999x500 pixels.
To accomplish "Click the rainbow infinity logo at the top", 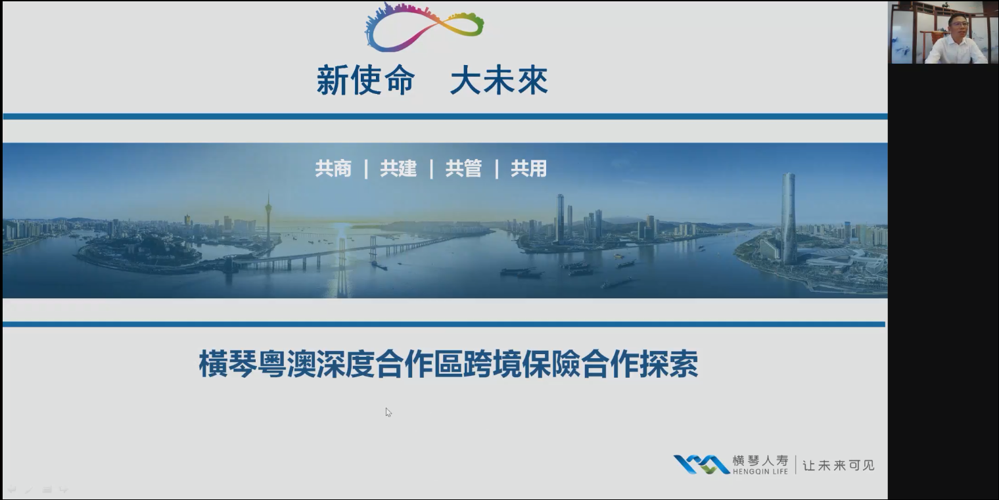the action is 424,27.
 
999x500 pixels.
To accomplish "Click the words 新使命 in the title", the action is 365,80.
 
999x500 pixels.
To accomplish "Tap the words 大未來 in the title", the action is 499,80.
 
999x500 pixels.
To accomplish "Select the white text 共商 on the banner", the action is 333,169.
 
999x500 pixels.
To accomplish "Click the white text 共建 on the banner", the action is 398,169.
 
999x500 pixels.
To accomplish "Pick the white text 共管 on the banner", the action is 463,169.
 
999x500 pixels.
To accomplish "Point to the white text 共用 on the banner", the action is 528,169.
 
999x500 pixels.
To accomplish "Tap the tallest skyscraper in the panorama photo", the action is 788,219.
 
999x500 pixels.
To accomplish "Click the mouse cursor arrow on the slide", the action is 388,412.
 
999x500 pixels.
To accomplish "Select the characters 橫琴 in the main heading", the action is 227,364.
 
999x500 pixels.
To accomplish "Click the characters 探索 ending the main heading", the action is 669,364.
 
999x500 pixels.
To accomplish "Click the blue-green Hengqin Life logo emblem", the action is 701,465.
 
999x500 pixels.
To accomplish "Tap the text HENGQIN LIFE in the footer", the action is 760,472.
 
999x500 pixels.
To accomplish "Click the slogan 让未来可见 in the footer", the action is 839,466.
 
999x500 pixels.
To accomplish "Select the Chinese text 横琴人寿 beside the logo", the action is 760,461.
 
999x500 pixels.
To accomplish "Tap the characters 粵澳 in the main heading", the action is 287,364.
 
